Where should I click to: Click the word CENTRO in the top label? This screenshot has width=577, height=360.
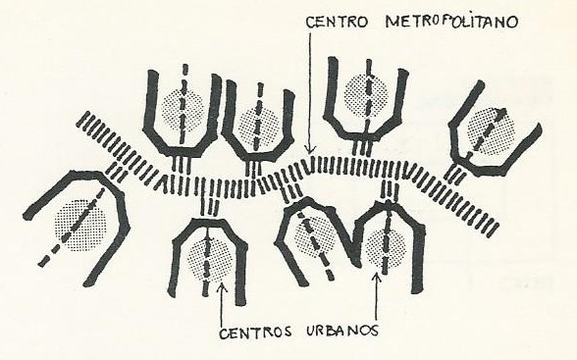pyautogui.click(x=337, y=22)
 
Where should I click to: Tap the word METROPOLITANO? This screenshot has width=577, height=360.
pyautogui.click(x=452, y=21)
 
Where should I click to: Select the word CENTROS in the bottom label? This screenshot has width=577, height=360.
pyautogui.click(x=256, y=333)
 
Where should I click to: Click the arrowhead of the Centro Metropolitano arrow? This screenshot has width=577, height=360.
pyautogui.click(x=310, y=150)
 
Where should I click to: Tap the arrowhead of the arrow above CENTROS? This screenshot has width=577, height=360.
pyautogui.click(x=222, y=286)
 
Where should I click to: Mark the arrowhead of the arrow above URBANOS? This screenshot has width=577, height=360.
pyautogui.click(x=376, y=278)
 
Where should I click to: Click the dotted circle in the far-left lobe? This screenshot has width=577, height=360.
pyautogui.click(x=79, y=226)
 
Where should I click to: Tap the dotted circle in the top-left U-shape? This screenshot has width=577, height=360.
pyautogui.click(x=183, y=109)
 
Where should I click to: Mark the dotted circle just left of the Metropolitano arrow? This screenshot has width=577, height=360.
pyautogui.click(x=259, y=126)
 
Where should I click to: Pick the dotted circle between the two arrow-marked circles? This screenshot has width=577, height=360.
pyautogui.click(x=316, y=235)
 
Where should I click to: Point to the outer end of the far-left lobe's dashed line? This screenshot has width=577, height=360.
pyautogui.click(x=43, y=262)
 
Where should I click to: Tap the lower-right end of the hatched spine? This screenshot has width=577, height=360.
pyautogui.click(x=493, y=229)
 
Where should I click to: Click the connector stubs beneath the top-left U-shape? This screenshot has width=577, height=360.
pyautogui.click(x=182, y=164)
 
